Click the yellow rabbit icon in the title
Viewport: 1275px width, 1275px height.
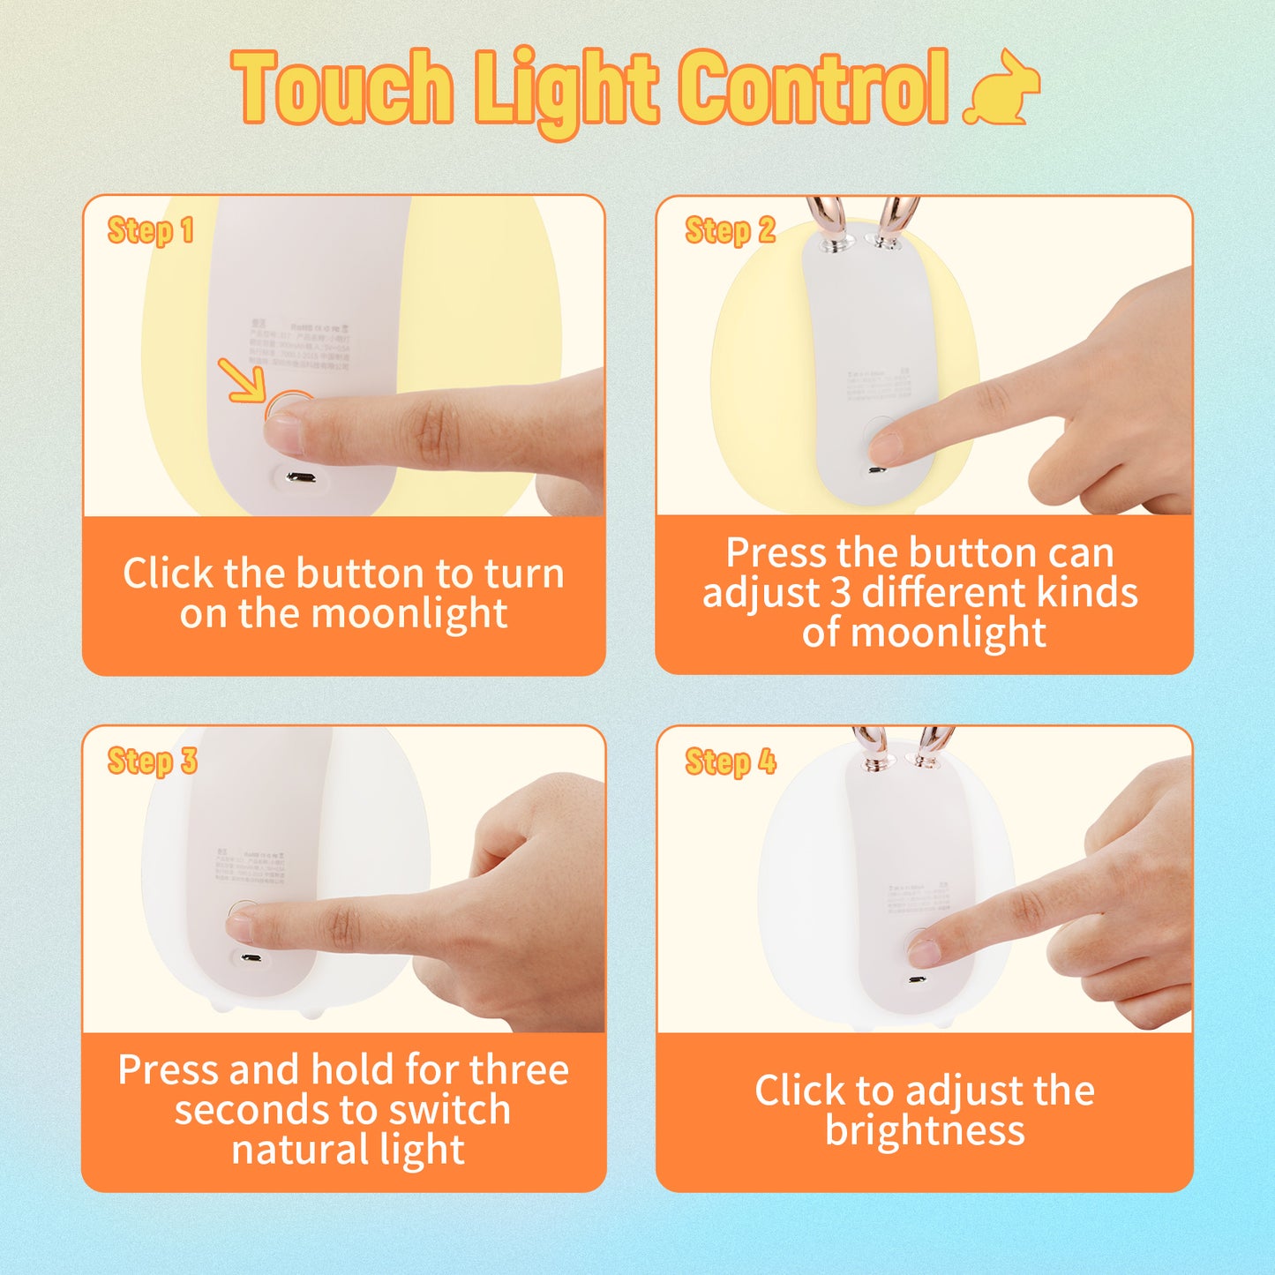tap(1002, 88)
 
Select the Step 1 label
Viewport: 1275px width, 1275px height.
tap(150, 231)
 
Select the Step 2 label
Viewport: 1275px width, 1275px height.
tap(730, 231)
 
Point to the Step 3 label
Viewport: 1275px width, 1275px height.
tap(152, 761)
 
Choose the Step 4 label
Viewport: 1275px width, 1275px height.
tap(731, 761)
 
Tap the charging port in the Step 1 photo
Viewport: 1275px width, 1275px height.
tap(302, 478)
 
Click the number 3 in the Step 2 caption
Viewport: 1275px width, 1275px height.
tap(840, 593)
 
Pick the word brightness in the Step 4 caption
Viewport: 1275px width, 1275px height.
tap(925, 1130)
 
